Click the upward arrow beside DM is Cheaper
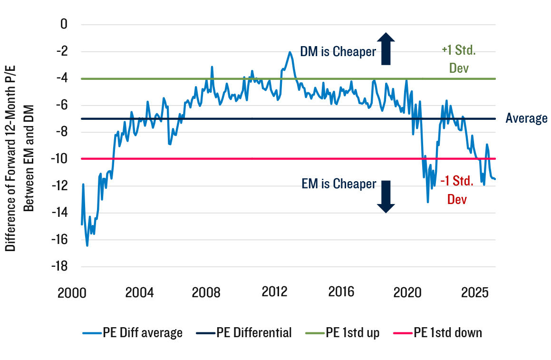tap(387, 49)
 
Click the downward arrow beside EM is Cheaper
tap(386, 196)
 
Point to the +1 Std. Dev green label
tap(459, 59)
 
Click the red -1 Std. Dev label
tap(457, 190)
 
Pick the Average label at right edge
tap(526, 118)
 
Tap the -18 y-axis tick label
tap(60, 267)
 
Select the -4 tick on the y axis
tap(62, 78)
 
